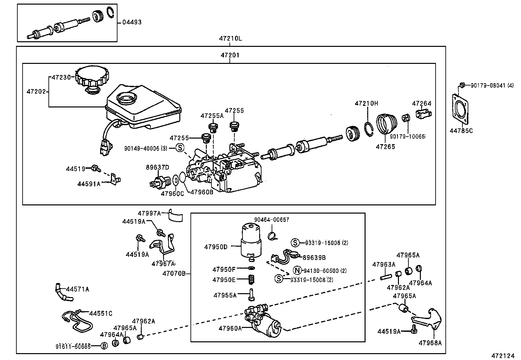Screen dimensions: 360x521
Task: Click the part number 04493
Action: tap(132, 22)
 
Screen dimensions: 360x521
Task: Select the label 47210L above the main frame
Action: tap(230, 39)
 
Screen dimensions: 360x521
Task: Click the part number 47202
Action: tap(36, 92)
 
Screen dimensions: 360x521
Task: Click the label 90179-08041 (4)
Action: tap(492, 85)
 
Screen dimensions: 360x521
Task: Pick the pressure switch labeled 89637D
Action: tap(159, 182)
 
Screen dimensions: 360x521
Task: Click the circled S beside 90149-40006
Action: tap(180, 148)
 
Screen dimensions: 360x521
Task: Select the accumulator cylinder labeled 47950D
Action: tap(251, 241)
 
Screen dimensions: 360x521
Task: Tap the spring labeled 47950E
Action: tap(251, 280)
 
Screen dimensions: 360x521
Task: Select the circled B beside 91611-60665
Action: tap(104, 346)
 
